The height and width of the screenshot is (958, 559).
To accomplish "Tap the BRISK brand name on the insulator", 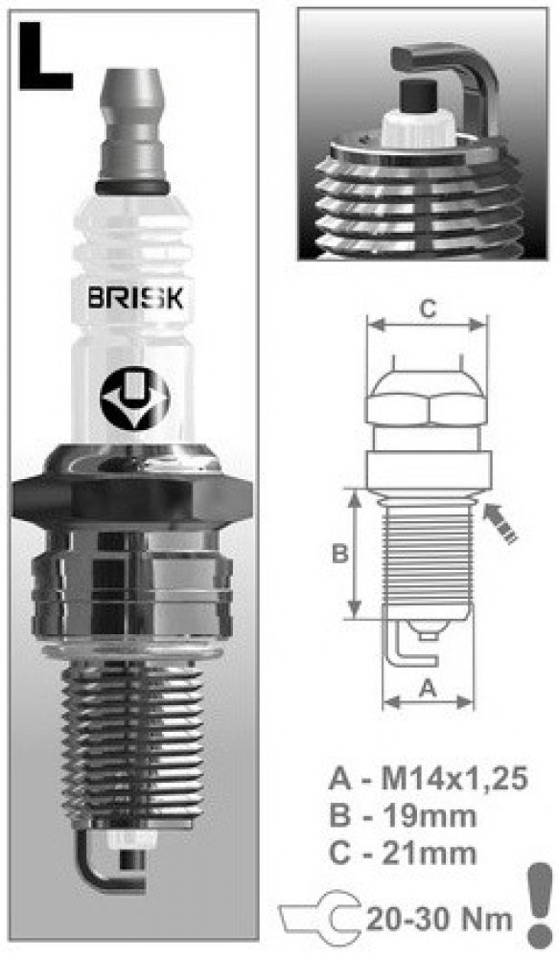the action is point(135,299).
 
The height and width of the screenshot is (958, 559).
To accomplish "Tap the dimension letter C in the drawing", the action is point(428,309).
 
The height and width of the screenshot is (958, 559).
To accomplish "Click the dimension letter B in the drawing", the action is point(339,554).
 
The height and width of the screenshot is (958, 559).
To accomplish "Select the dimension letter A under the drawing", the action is point(429,689).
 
